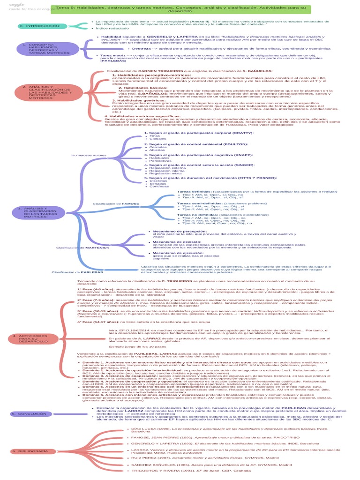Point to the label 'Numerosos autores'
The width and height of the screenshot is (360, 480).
(90, 155)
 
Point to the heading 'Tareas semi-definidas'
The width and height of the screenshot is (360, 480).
(197, 203)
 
